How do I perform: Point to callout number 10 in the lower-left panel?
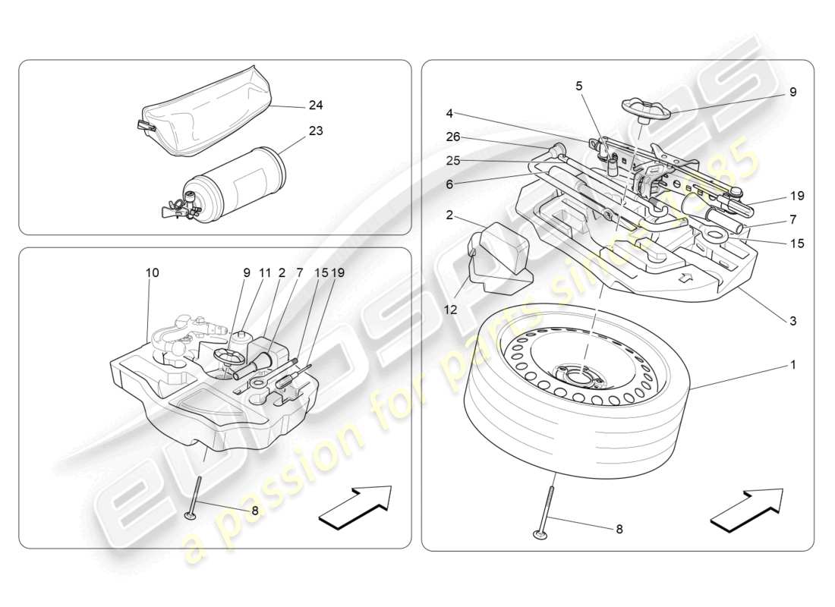(x=153, y=272)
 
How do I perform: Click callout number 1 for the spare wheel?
(x=792, y=365)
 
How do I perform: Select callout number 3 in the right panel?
(x=792, y=321)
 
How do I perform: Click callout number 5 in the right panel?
(x=579, y=86)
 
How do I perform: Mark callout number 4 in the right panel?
(x=449, y=114)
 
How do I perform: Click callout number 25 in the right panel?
(x=452, y=162)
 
